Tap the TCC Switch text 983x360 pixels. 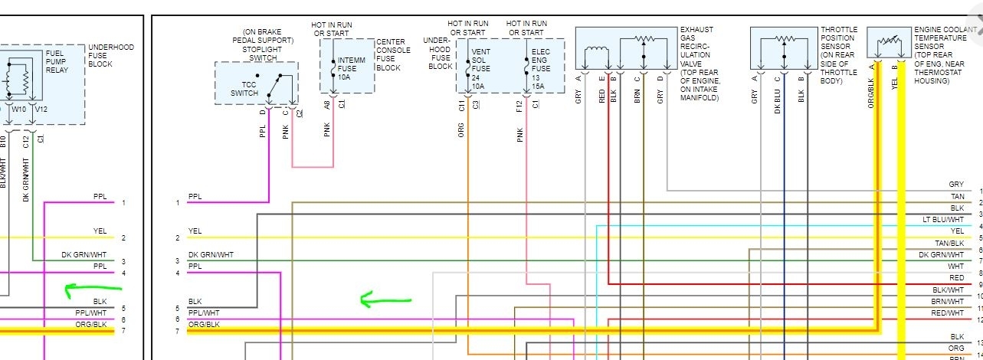(244, 88)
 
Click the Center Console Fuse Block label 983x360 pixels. (393, 55)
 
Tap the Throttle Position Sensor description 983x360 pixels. (837, 55)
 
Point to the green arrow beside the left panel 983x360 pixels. (93, 290)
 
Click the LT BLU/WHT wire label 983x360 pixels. (943, 219)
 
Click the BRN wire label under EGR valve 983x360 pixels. (637, 95)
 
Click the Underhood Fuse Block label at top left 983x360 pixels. (110, 55)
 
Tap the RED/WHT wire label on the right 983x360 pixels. (948, 313)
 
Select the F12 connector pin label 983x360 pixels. (519, 106)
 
